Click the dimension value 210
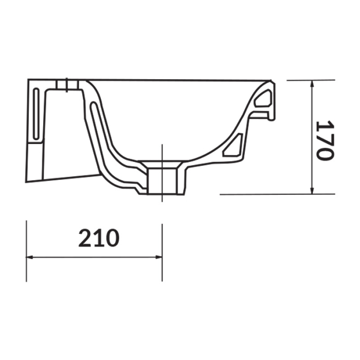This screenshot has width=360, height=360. (99, 238)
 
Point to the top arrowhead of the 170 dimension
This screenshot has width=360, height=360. (313, 84)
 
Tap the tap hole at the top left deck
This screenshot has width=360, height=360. (67, 84)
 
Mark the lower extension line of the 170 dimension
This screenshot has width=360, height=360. (267, 194)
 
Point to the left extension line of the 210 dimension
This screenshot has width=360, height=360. (26, 252)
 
